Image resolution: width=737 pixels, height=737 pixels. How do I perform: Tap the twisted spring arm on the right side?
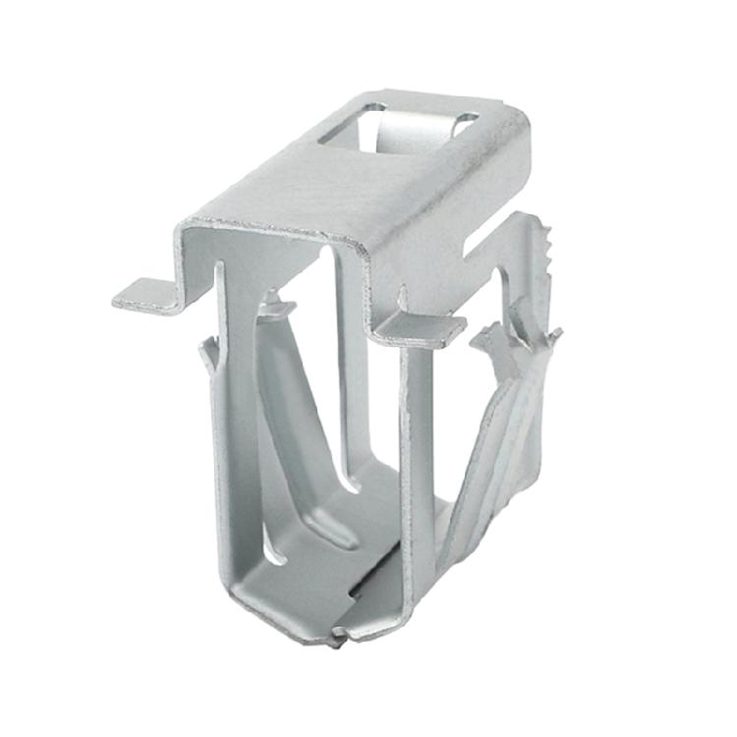click(491, 442)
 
